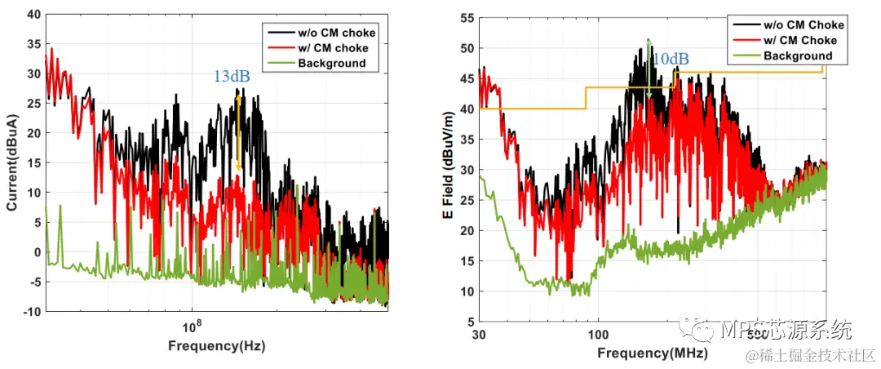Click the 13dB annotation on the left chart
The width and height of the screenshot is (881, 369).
[232, 77]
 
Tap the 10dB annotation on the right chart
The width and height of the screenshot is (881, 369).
[671, 59]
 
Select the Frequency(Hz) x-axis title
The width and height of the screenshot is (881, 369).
[216, 345]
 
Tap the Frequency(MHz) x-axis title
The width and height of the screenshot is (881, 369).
[653, 353]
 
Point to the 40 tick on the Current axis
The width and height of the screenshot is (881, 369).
[33, 14]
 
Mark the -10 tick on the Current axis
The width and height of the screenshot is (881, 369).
[31, 312]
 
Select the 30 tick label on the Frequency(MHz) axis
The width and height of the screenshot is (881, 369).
[480, 335]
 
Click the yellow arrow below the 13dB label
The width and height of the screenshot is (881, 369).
[238, 131]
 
